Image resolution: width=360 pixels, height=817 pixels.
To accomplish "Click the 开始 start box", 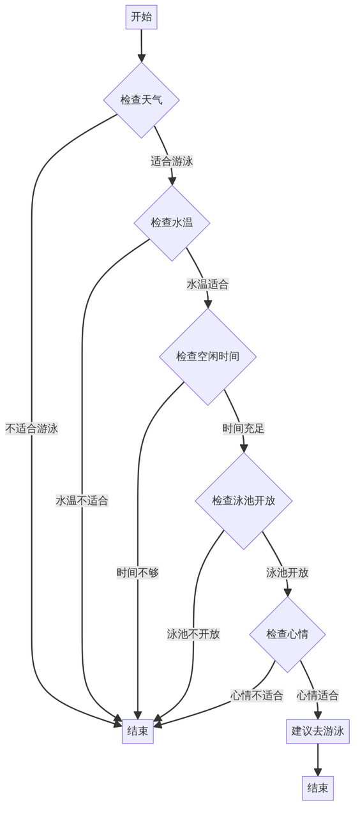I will pos(141,17).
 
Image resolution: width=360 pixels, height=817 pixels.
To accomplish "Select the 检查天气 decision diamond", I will pos(141,100).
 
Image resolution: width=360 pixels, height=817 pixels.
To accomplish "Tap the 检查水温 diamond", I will pos(172,223).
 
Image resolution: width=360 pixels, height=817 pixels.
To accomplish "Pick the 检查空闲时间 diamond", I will pos(207,356).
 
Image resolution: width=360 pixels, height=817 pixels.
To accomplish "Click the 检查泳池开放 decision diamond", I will pos(243,500).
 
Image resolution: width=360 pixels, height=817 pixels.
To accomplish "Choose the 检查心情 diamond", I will pos(287,634).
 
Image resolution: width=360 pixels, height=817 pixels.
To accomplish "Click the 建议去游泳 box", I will pos(317,731).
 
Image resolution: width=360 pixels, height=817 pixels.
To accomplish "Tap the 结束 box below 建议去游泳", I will pos(317,788).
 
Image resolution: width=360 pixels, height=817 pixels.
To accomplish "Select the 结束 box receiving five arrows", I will pos(138,731).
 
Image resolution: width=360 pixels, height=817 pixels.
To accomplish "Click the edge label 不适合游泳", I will pos(32,428).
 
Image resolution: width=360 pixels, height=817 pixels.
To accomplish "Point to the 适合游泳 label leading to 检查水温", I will pos(172,161).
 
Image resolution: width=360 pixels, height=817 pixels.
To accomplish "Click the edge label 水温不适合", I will pos(82,500).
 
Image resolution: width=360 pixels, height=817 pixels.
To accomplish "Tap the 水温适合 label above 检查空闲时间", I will pos(207,284).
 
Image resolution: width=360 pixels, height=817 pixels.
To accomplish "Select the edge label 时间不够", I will pos(138,573).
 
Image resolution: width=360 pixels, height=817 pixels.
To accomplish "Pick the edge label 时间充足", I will pos(243,428).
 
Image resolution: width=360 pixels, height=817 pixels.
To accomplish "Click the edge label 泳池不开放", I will pos(193,634).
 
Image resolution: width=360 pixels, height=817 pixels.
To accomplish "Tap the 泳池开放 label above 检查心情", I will pos(287,573).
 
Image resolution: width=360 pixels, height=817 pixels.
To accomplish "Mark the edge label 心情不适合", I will pos(257,695).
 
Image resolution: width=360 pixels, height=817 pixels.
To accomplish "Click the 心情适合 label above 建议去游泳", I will pos(317,695).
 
